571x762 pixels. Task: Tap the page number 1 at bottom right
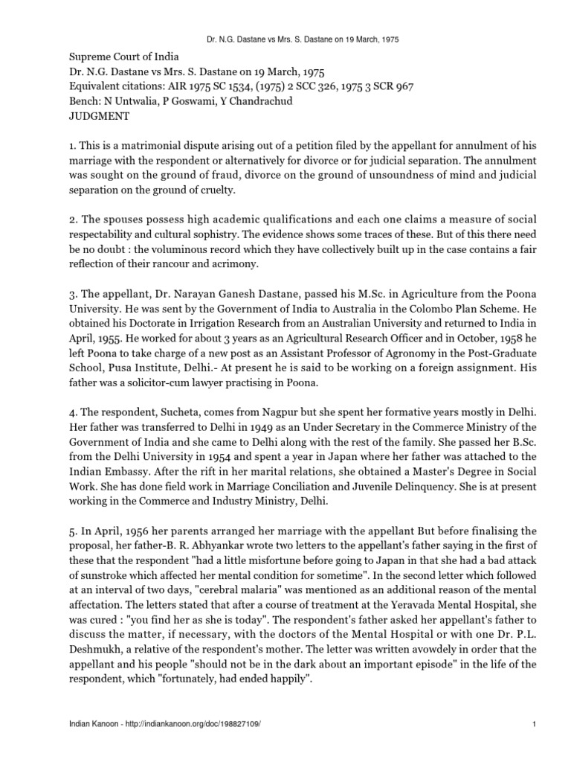(x=535, y=744)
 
